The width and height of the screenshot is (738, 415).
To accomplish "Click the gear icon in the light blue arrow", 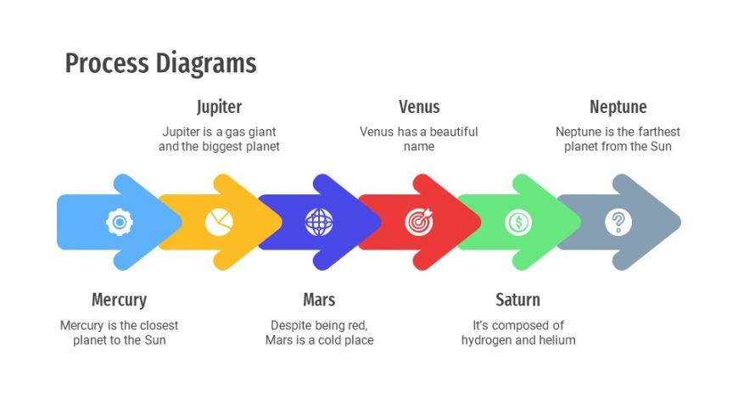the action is click(x=120, y=222).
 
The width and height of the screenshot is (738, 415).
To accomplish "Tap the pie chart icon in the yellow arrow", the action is click(x=219, y=222).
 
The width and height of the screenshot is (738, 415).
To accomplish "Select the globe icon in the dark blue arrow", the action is click(x=319, y=222).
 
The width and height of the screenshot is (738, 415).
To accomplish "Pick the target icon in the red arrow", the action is click(x=419, y=222).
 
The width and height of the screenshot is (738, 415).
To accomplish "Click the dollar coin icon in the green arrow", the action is click(x=518, y=222).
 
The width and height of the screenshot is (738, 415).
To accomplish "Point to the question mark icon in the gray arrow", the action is click(x=618, y=222).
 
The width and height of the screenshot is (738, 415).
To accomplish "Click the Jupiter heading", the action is click(x=220, y=108).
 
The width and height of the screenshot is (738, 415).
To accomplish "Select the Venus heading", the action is click(x=419, y=107).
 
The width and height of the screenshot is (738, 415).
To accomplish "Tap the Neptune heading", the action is click(x=618, y=108).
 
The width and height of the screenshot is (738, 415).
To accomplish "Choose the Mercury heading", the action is click(x=119, y=300).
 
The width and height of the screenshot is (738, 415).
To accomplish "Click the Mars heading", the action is click(x=319, y=300).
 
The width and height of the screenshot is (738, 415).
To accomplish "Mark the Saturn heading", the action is click(x=517, y=300).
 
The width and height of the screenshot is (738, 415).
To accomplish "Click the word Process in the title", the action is click(x=107, y=63).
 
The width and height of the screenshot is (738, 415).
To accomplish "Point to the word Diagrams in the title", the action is click(x=206, y=64).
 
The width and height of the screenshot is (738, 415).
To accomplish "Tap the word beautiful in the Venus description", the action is click(x=450, y=132).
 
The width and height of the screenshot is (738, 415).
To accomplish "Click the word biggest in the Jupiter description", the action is click(x=221, y=147).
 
